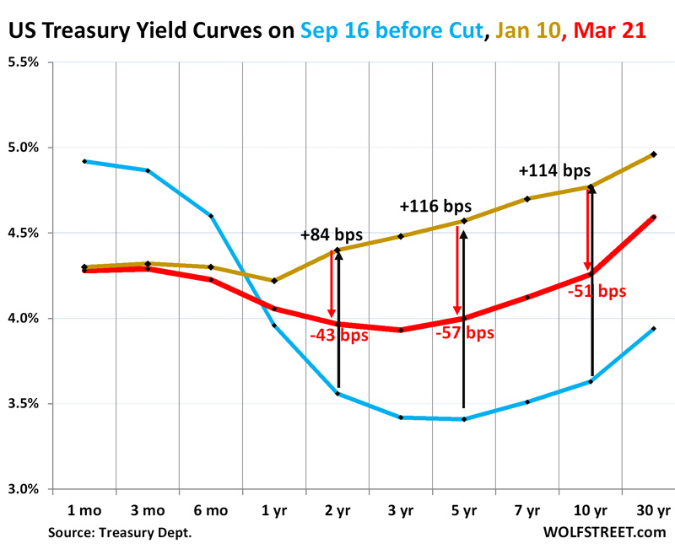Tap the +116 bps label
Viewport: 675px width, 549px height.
pyautogui.click(x=435, y=206)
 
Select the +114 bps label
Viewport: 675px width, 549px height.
pyautogui.click(x=554, y=170)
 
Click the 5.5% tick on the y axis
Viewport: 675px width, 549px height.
pyautogui.click(x=28, y=62)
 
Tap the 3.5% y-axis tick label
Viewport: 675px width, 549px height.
pyautogui.click(x=28, y=404)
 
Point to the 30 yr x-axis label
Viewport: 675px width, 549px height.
pyautogui.click(x=653, y=510)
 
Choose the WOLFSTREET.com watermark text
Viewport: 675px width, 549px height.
pyautogui.click(x=605, y=531)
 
